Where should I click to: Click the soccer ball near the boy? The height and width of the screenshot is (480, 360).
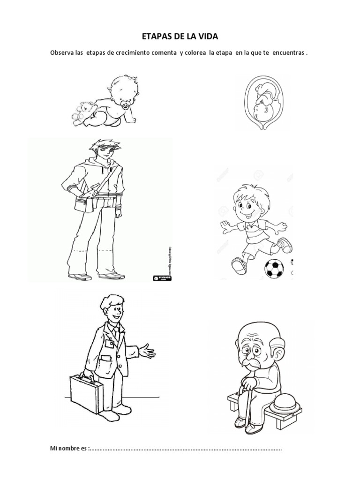coord(274,269)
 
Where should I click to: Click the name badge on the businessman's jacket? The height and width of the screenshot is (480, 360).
coord(110,344)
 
